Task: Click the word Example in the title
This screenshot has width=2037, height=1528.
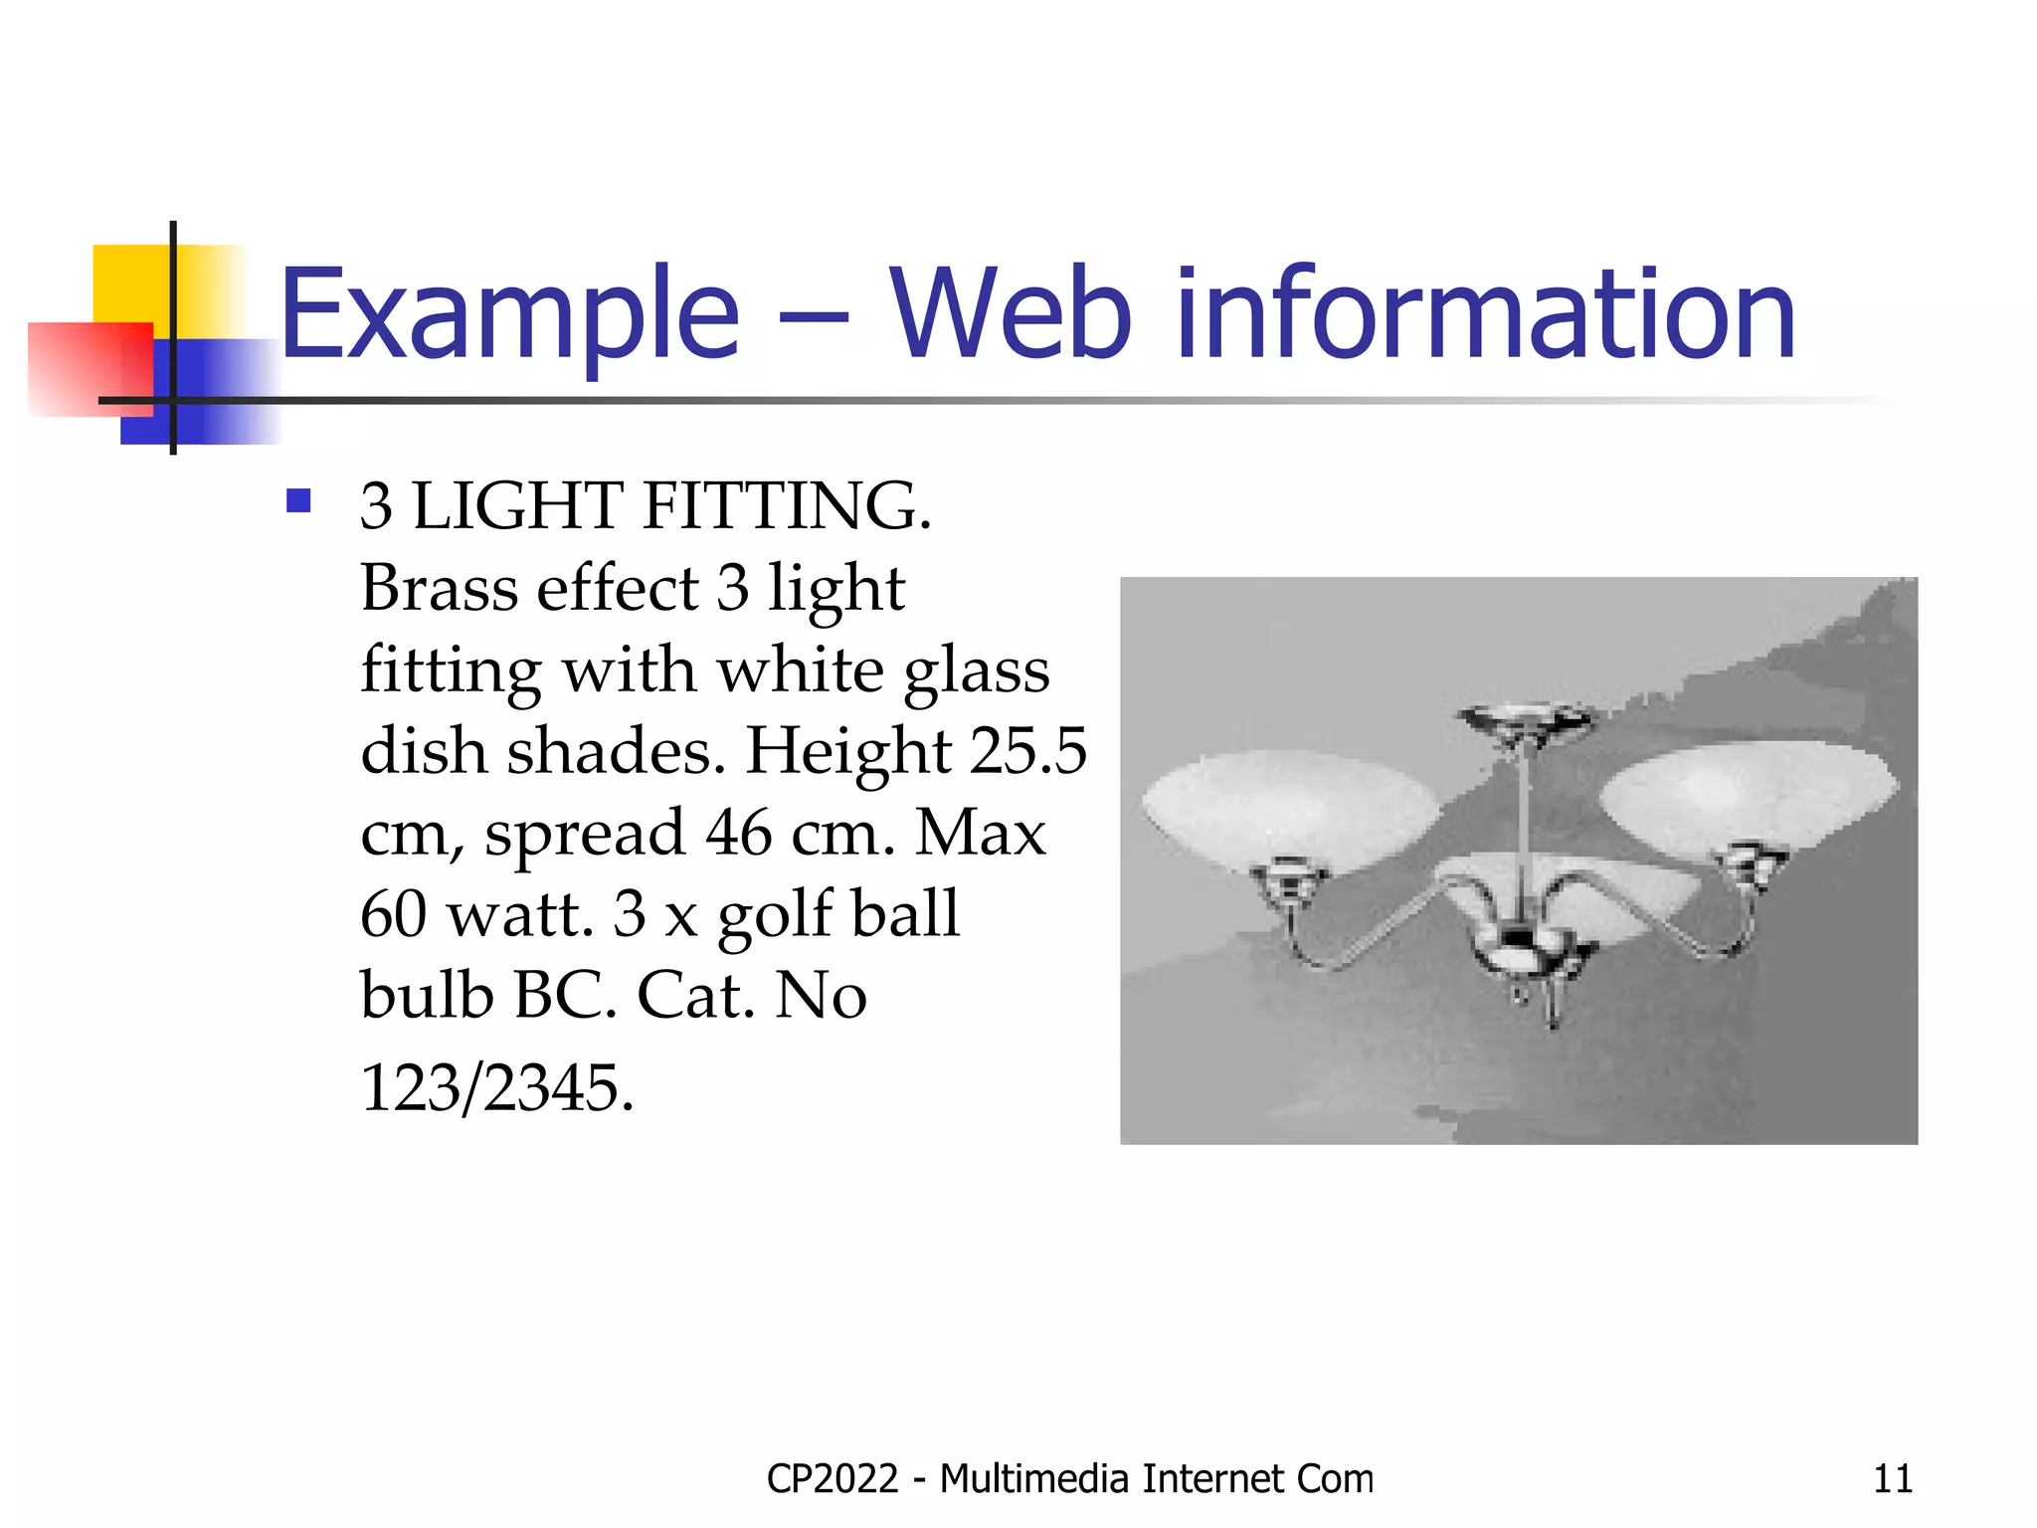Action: pyautogui.click(x=509, y=314)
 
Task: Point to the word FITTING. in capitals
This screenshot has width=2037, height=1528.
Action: pyautogui.click(x=787, y=506)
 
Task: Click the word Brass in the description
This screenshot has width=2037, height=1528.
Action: pyautogui.click(x=439, y=588)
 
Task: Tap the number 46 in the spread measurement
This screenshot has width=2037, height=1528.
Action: pyautogui.click(x=738, y=833)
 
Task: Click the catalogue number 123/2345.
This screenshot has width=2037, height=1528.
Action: pyautogui.click(x=496, y=1087)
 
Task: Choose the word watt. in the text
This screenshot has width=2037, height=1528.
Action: pyautogui.click(x=519, y=914)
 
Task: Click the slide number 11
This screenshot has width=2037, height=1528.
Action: pyautogui.click(x=1892, y=1479)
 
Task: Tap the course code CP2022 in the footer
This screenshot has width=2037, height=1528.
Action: pyautogui.click(x=832, y=1479)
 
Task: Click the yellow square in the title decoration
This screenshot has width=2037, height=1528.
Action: pyautogui.click(x=129, y=284)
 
